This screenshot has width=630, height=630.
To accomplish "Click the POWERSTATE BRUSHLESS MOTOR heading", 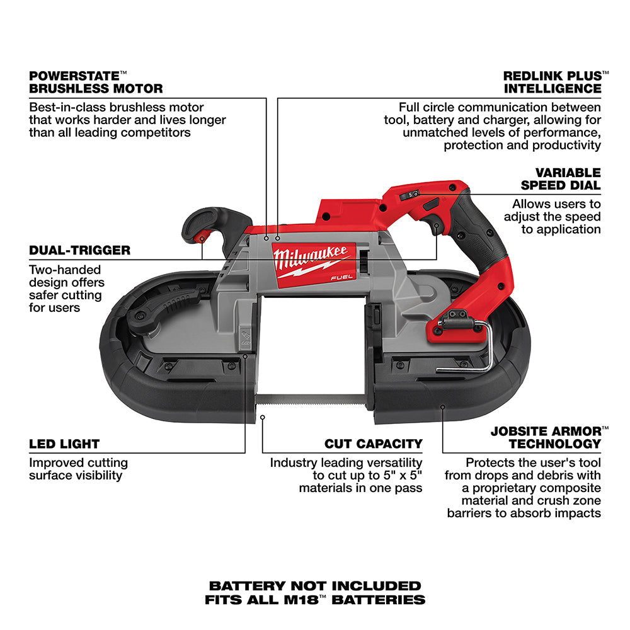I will point(96,82).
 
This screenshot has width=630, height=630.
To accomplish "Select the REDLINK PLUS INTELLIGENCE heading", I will point(553,82).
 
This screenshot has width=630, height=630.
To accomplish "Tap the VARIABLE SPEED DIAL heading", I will point(560,178).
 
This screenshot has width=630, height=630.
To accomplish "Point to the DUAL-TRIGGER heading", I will point(79,250).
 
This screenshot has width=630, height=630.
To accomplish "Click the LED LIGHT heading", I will point(64,444).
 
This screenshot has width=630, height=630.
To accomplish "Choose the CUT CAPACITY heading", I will point(373,444).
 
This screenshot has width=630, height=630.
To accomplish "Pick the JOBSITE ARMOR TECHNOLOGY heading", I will point(546,437).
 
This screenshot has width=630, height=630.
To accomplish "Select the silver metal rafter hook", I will point(479,353).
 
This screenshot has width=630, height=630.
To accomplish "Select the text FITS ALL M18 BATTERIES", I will point(314,600).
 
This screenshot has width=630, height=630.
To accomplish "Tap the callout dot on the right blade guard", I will point(442,407).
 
